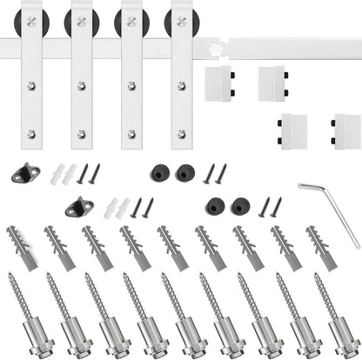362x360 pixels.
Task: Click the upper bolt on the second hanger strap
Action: point(82,86)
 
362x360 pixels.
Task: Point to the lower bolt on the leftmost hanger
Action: point(32,134)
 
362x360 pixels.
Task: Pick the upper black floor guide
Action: point(27,171)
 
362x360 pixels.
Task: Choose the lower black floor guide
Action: point(78,207)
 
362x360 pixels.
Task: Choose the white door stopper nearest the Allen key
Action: point(346,130)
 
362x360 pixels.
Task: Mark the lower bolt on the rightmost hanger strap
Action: point(182,134)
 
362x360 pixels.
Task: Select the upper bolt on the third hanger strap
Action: point(131,86)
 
